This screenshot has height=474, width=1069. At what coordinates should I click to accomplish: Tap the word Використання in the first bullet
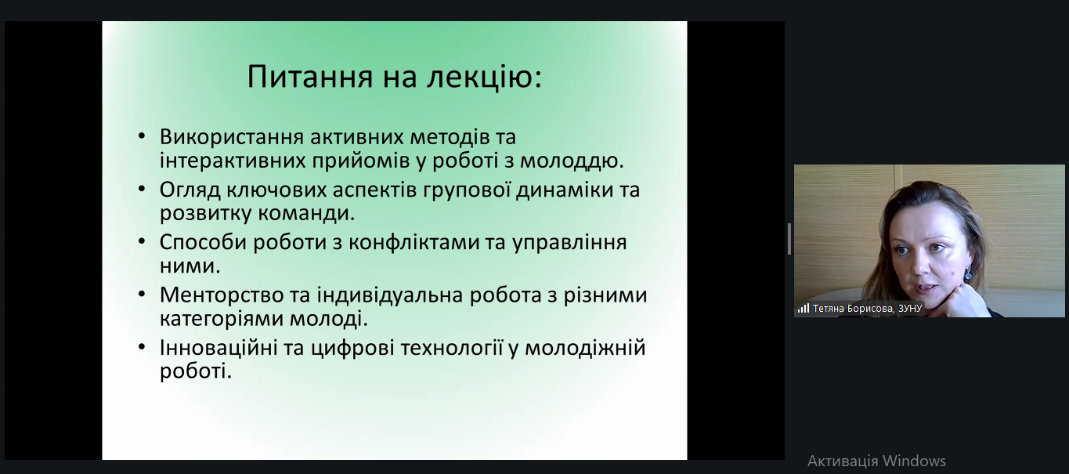[232, 137]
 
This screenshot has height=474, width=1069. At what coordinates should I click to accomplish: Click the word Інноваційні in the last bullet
[218, 348]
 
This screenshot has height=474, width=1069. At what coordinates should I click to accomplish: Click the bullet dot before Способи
[142, 241]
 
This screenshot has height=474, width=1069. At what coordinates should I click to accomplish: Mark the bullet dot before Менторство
[142, 294]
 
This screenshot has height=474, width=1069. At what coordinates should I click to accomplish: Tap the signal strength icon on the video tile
[804, 309]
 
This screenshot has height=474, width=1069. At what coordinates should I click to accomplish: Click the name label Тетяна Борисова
[852, 309]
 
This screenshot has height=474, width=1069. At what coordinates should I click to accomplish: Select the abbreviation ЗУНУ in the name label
[910, 309]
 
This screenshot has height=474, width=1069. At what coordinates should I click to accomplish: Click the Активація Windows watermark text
[876, 461]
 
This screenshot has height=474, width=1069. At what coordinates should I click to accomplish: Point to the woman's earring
[968, 274]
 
